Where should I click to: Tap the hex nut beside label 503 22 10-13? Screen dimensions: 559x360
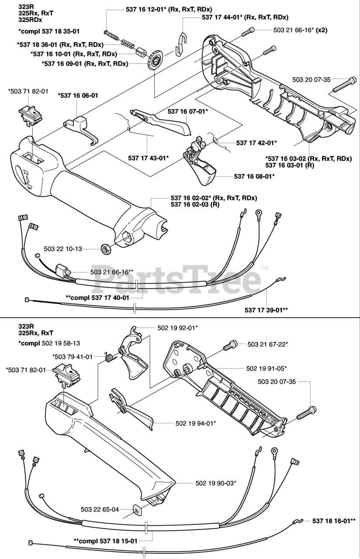[x=105, y=249]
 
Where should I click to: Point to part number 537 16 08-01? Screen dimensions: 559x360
[x=254, y=176]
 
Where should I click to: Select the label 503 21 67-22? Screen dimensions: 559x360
[x=268, y=345]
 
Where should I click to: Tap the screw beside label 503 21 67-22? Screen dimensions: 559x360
[x=230, y=346]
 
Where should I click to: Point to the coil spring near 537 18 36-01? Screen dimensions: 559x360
[x=126, y=43]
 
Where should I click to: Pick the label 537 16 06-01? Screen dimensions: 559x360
[x=78, y=95]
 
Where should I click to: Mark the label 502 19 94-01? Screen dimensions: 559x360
[x=196, y=423]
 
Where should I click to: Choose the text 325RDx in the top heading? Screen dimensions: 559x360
[x=29, y=21]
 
